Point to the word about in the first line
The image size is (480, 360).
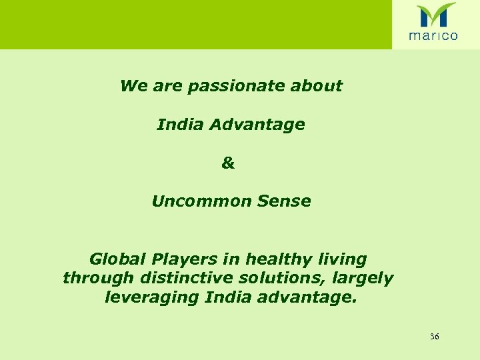[320, 86]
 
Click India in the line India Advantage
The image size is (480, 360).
[175, 125]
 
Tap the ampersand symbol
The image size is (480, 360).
[228, 163]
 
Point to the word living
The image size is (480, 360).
[343, 259]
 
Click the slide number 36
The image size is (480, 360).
[435, 337]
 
